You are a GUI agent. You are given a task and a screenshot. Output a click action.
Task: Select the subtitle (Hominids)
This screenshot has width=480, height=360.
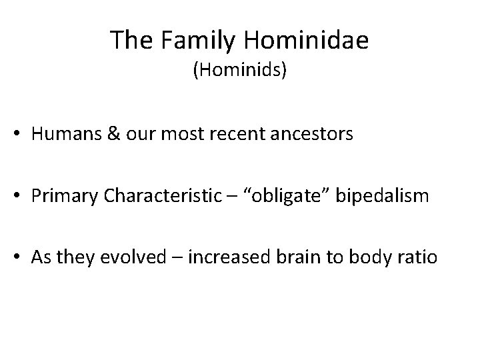pos(240,70)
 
